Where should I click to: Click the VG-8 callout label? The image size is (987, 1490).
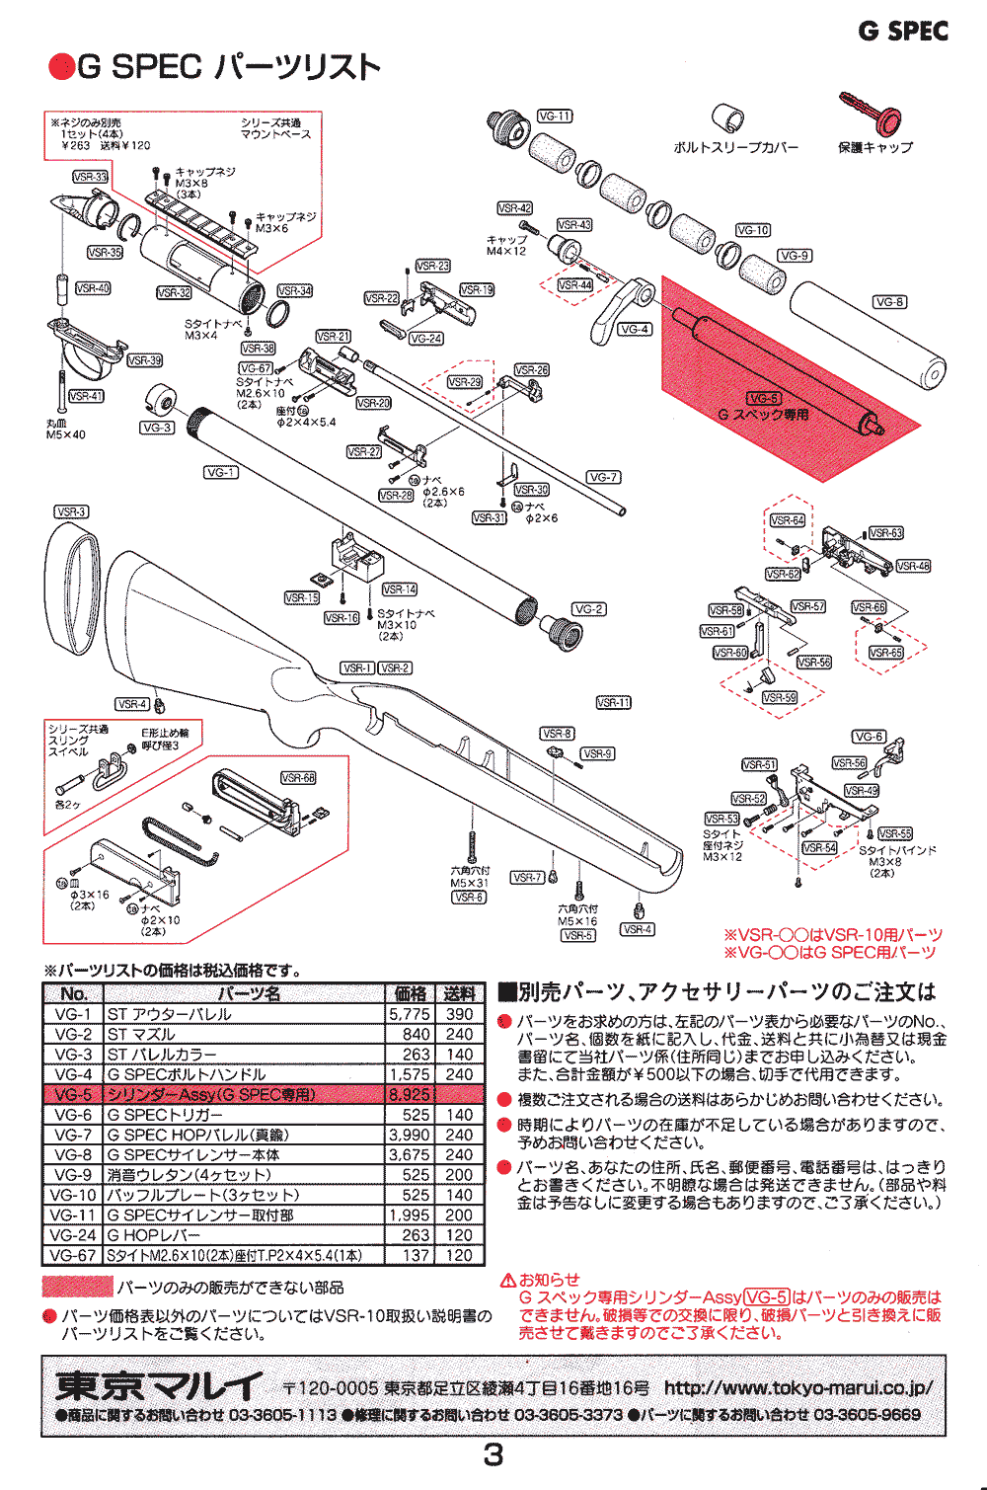[x=889, y=302]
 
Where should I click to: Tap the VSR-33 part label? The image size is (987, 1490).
[x=90, y=177]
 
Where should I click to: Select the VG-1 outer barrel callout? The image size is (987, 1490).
[x=221, y=473]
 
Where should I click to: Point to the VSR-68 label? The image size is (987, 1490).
[x=298, y=778]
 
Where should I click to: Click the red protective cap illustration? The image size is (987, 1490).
[x=873, y=114]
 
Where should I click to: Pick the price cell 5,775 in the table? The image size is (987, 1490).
[x=410, y=1014]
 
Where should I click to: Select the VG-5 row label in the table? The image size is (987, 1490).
[x=74, y=1095]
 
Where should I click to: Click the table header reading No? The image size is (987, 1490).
[x=74, y=993]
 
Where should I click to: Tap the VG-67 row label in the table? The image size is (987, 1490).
[x=74, y=1256]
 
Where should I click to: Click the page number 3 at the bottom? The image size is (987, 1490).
[x=493, y=1454]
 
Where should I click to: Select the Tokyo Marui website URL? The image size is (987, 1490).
[x=797, y=1387]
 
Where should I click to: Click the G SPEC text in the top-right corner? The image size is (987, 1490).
[x=903, y=32]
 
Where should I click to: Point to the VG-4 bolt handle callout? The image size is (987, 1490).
[x=634, y=330]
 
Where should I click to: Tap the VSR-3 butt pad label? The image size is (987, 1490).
[x=71, y=512]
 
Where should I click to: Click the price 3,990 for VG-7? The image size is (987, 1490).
[x=410, y=1136]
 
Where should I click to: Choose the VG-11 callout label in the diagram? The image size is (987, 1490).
[x=555, y=116]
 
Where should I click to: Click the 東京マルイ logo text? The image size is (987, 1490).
[x=159, y=1386]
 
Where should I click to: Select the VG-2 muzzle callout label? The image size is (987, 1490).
[x=589, y=609]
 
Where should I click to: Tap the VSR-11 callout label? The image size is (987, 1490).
[x=613, y=703]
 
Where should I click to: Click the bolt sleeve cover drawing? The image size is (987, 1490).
[x=728, y=118]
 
